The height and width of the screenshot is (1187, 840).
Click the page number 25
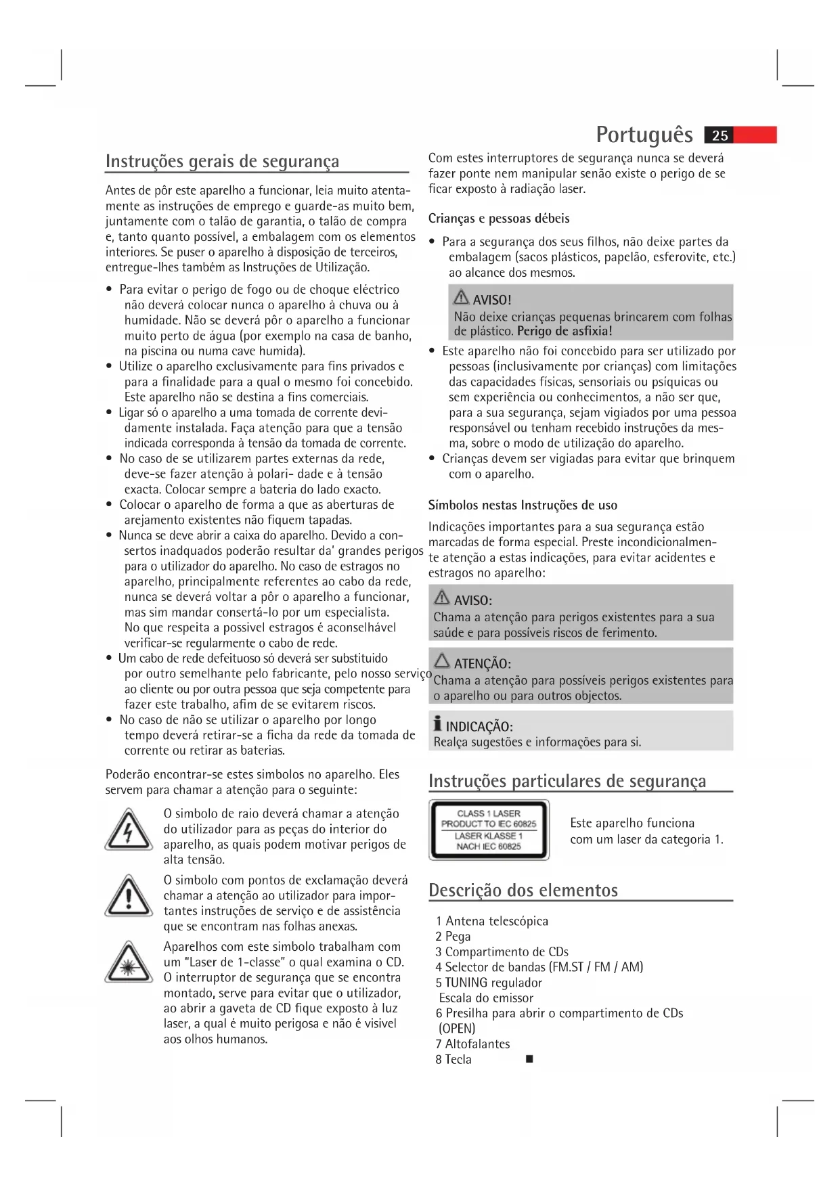coord(720,135)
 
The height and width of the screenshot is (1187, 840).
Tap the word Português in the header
coord(644,135)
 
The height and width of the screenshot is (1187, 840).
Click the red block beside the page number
coord(755,135)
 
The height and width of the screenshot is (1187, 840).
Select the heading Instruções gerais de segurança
coord(223,162)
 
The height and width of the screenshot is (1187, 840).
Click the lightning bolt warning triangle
coord(128,830)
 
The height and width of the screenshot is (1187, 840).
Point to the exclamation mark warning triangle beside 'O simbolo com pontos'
coord(128,896)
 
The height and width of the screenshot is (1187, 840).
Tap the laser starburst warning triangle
coord(128,962)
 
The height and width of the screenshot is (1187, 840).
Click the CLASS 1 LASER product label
coord(489,830)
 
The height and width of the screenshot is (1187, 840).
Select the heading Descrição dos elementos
coord(523,890)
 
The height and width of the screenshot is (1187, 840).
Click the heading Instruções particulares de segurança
coord(567,781)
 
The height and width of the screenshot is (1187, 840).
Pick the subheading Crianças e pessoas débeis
coord(499,219)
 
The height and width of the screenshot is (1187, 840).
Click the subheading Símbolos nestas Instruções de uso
coord(523,506)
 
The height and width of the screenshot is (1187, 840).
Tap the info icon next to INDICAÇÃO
coord(438,725)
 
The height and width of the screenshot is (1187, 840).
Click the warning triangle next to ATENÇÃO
coord(442,660)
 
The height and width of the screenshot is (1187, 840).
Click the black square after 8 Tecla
coord(529,1060)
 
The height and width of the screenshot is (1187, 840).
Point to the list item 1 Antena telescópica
coord(492,921)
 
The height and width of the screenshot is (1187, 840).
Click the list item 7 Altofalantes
coord(472,1044)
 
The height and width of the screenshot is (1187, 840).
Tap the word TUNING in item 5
coord(466,983)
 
